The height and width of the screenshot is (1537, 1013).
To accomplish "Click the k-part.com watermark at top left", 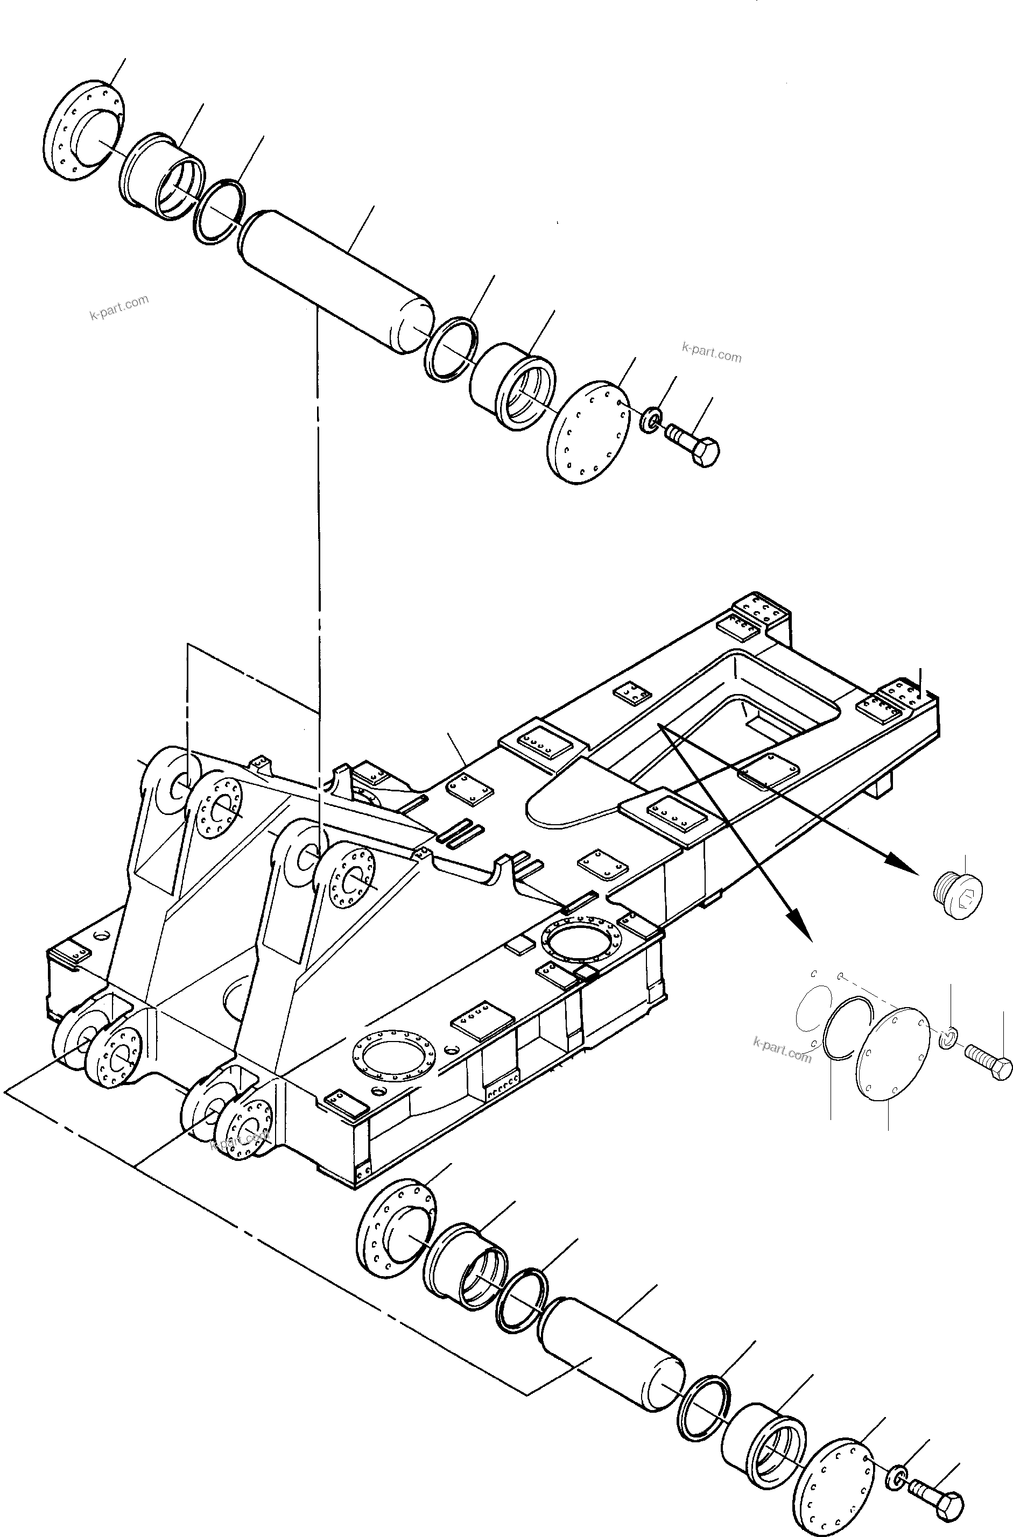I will click(119, 308).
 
